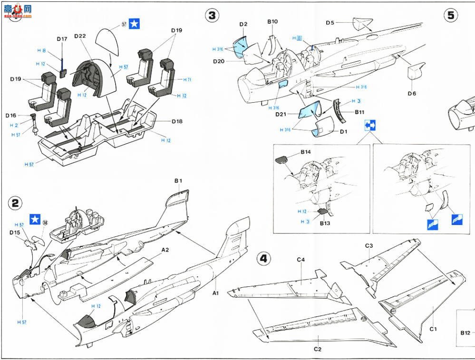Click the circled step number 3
(212, 16)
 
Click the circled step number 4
(264, 259)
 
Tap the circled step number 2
(15, 203)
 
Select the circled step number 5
(450, 16)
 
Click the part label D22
(80, 37)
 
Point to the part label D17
(62, 39)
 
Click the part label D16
(11, 116)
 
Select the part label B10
(272, 21)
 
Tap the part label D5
(330, 23)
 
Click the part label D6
(412, 93)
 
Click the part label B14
(305, 152)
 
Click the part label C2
(317, 349)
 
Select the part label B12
(465, 333)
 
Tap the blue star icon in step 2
(35, 220)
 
